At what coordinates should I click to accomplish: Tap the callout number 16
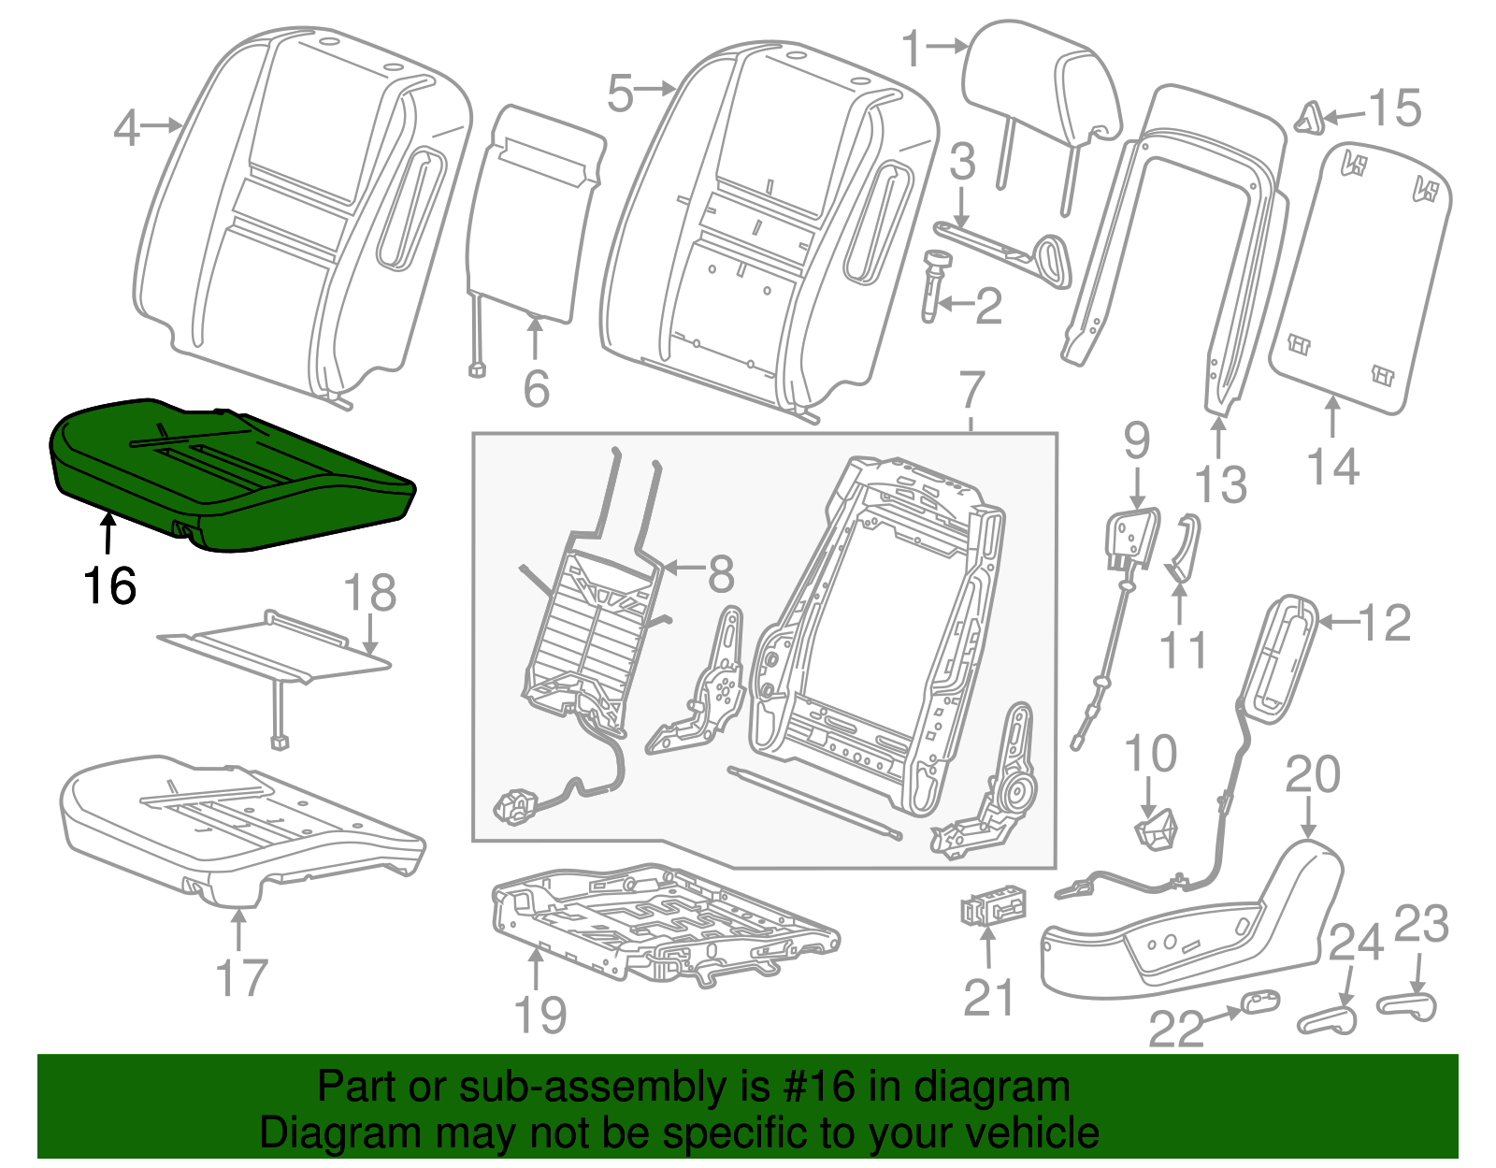110,587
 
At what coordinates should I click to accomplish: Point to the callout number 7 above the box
972,390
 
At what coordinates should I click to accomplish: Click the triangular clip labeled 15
1307,119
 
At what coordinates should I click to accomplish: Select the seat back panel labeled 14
1360,281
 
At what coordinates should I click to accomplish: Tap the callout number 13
1221,484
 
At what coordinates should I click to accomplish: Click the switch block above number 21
993,907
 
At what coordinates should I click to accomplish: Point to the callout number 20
1313,775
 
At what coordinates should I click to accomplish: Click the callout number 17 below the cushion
241,978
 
